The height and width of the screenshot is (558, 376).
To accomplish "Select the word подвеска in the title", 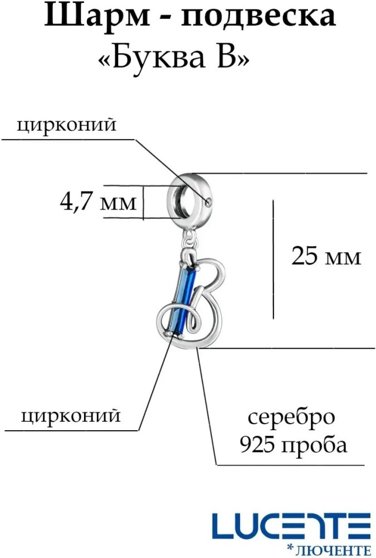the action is pyautogui.click(x=258, y=17).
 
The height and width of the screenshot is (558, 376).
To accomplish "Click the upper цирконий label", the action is pyautogui.click(x=66, y=125).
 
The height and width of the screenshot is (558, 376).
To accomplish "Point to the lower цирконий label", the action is pyautogui.click(x=71, y=416).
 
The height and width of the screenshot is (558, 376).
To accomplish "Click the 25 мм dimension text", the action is pyautogui.click(x=326, y=256).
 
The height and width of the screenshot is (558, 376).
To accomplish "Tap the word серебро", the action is pyautogui.click(x=291, y=417).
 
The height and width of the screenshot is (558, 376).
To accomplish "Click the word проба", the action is pyautogui.click(x=314, y=445).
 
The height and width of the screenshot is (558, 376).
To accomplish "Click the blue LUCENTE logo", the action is pyautogui.click(x=286, y=526).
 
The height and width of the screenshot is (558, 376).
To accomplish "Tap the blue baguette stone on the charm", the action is pyautogui.click(x=184, y=301).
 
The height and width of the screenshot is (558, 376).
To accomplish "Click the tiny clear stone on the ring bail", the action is pyautogui.click(x=209, y=202).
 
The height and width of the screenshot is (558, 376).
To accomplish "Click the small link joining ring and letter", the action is pyautogui.click(x=191, y=239).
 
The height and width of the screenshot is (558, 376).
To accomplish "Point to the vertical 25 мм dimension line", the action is pyautogui.click(x=274, y=259).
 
